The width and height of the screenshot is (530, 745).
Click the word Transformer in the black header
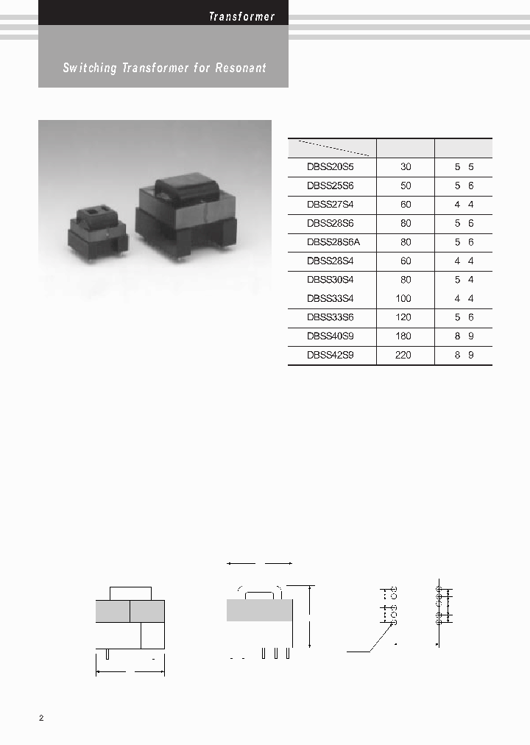pos(241,16)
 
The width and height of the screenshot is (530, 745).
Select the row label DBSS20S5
pos(331,167)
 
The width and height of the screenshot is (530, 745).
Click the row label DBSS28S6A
pos(333,242)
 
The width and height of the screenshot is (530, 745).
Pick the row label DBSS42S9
pos(331,355)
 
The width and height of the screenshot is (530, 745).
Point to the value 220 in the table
pos(403,355)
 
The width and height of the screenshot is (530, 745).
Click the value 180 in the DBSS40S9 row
pos(403,336)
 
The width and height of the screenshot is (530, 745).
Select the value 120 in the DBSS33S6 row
pos(403,317)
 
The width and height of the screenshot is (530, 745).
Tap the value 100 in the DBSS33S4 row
pos(403,299)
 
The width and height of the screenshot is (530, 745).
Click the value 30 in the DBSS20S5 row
pos(406,167)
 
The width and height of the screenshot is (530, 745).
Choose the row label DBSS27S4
pos(331,205)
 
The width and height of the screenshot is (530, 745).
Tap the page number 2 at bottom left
pos(41,718)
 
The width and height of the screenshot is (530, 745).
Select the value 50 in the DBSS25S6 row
pos(406,186)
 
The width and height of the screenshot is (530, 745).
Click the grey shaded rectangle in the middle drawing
pos(259,610)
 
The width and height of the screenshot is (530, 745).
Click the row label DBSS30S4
pos(331,280)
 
